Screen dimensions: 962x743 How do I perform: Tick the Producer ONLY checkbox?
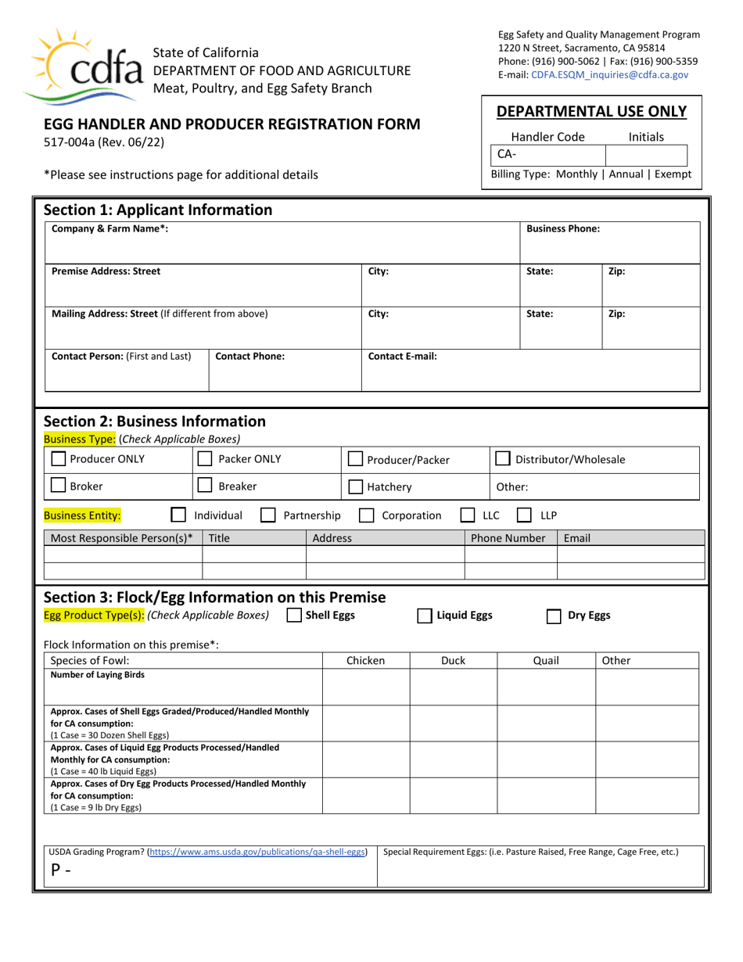(x=58, y=459)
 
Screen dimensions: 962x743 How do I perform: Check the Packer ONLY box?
(x=205, y=459)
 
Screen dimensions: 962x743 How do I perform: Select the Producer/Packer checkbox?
(x=355, y=460)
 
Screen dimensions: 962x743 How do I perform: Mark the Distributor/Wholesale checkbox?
(x=504, y=459)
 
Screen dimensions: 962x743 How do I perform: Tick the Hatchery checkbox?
(x=355, y=486)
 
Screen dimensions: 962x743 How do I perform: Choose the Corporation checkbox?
(x=366, y=515)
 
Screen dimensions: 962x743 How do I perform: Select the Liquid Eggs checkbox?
(x=424, y=616)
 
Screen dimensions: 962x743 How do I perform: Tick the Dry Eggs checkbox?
(x=554, y=616)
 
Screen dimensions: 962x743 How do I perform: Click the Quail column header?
(x=546, y=661)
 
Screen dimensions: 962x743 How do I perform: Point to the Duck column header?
(x=453, y=661)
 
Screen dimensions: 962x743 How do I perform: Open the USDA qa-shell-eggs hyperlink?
(x=257, y=852)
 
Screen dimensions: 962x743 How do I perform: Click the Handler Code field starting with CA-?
(x=547, y=154)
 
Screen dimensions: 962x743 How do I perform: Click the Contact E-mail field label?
(x=402, y=356)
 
